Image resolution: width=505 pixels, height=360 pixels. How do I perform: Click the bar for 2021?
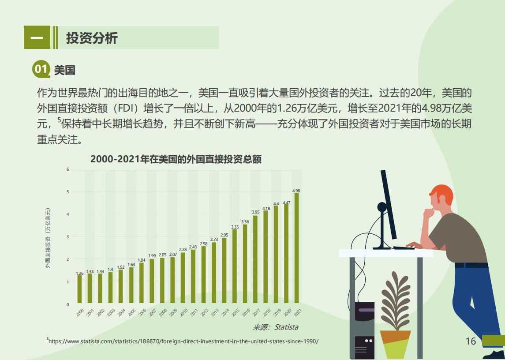click(297, 248)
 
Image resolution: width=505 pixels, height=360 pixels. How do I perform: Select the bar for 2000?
click(79, 289)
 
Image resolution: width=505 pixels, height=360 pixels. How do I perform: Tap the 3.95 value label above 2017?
click(255, 212)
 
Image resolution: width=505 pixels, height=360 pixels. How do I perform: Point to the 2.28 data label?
click(183, 249)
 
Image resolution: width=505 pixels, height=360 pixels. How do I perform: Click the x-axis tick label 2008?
click(163, 312)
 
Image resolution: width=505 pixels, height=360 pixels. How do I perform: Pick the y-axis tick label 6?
click(67, 169)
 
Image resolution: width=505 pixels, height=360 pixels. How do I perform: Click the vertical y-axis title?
click(48, 238)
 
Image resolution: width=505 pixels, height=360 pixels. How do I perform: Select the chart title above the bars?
click(176, 159)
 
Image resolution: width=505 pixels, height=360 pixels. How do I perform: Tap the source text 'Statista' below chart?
click(286, 327)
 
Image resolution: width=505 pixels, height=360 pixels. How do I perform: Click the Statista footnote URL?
click(183, 341)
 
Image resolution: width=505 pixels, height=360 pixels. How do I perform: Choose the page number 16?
click(471, 341)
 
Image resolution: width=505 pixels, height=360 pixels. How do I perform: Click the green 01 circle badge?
click(41, 69)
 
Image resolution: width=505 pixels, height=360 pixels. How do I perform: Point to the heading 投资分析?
click(92, 38)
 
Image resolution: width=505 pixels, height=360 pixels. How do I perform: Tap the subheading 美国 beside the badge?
click(65, 70)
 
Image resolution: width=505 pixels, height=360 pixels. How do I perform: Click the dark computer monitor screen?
click(389, 205)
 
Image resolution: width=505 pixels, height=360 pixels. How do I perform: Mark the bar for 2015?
click(235, 266)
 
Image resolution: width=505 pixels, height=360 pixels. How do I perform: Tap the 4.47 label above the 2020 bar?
click(286, 203)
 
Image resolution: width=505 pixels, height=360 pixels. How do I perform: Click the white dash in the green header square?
click(37, 38)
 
